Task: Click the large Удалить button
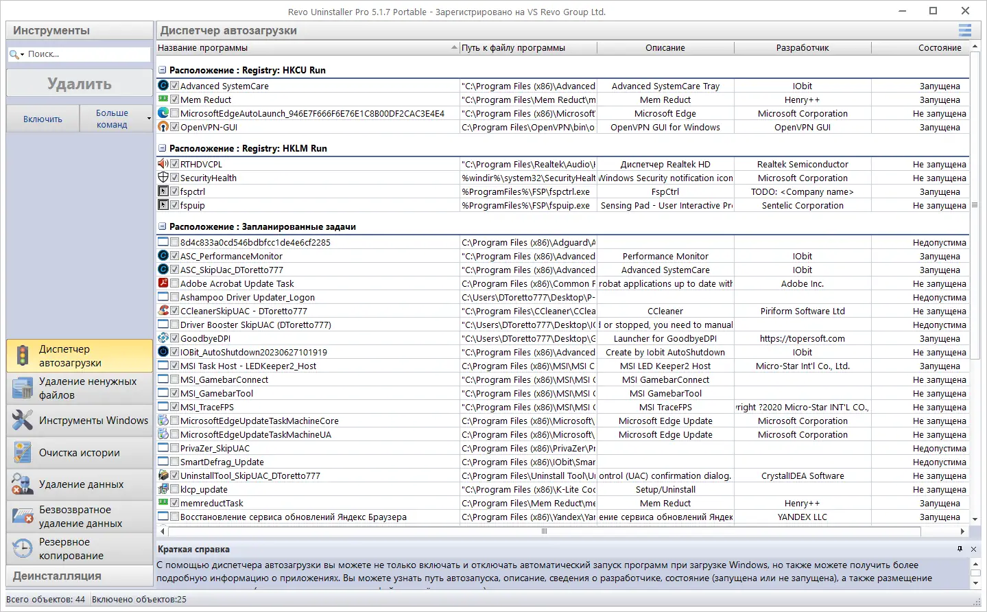pos(79,84)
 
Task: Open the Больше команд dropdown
pos(115,119)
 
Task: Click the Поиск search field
pos(86,54)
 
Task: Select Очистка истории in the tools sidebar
pos(79,453)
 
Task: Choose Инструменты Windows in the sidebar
pos(79,421)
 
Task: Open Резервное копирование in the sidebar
pos(79,549)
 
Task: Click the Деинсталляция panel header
pos(79,576)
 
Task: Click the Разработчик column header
pos(802,48)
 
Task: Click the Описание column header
pos(665,48)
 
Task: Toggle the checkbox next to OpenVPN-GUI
pos(175,127)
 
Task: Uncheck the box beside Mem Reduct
pos(175,99)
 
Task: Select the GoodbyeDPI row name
pos(205,339)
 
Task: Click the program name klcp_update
pos(204,490)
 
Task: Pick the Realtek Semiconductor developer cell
pos(802,165)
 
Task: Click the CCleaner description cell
pos(665,311)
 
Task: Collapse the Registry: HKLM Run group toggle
pos(163,148)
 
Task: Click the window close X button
pos(965,11)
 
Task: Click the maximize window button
pos(933,11)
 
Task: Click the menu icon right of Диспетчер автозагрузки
pos(964,30)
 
